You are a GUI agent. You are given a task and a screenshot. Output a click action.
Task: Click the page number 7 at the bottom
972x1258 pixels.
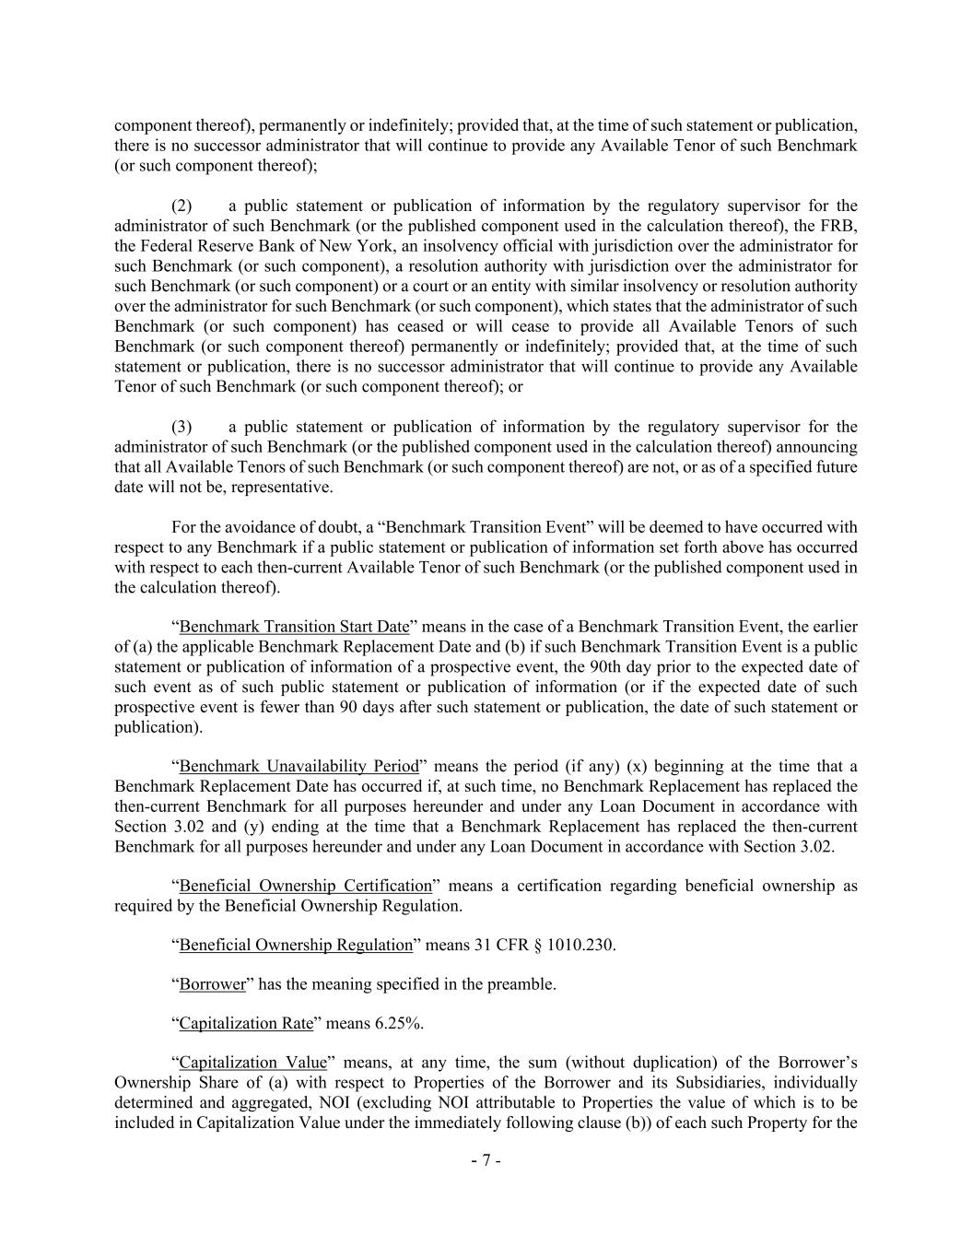(x=486, y=1161)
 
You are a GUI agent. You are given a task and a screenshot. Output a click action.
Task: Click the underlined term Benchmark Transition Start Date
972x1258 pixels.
(x=294, y=627)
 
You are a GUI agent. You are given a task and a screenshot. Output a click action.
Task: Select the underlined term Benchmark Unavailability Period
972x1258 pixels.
(x=299, y=767)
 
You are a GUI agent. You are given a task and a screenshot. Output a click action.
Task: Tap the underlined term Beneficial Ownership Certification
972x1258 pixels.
(x=305, y=886)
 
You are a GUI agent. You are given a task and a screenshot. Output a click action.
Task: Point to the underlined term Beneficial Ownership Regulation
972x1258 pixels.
(x=296, y=945)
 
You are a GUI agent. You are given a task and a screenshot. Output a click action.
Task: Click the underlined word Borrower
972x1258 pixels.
(x=212, y=984)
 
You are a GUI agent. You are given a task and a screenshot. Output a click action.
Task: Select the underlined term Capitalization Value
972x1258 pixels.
(x=252, y=1063)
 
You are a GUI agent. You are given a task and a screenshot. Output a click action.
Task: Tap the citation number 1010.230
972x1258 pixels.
(x=579, y=945)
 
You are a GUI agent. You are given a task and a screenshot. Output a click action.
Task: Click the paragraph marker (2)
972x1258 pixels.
(x=182, y=206)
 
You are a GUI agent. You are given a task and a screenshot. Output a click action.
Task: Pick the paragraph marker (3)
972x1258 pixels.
(x=182, y=427)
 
